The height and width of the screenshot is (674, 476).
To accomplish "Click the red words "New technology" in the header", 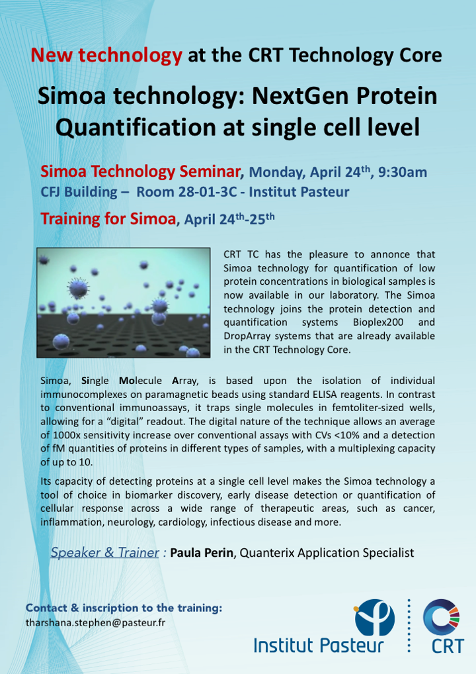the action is pyautogui.click(x=106, y=56).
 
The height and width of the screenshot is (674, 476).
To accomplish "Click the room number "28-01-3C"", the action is pyautogui.click(x=208, y=192).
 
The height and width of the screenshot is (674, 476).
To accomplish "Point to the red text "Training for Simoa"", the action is pyautogui.click(x=108, y=218).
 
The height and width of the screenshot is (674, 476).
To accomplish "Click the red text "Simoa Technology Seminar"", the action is pyautogui.click(x=140, y=171).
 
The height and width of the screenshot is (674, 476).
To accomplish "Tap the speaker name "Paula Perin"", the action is pyautogui.click(x=202, y=552).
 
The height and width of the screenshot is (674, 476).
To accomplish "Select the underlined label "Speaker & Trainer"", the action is pyautogui.click(x=104, y=552).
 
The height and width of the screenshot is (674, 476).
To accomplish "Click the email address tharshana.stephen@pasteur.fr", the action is pyautogui.click(x=95, y=622).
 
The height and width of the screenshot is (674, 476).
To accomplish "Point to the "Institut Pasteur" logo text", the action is pyautogui.click(x=319, y=646).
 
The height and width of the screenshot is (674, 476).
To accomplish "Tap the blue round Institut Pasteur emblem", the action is pyautogui.click(x=374, y=617).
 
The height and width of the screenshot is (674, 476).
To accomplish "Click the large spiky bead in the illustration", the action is pyautogui.click(x=78, y=288).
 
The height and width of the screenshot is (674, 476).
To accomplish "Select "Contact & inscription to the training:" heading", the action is pyautogui.click(x=124, y=608).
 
